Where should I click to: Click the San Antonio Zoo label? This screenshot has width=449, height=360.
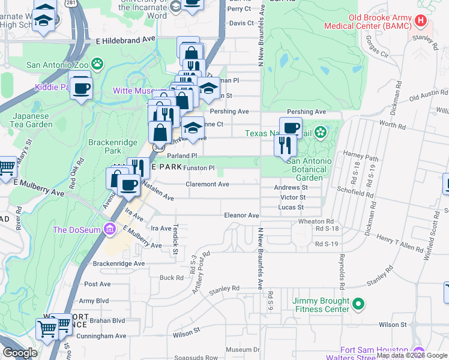[x=59, y=64]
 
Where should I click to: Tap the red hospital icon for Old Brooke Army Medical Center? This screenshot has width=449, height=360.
[x=421, y=20]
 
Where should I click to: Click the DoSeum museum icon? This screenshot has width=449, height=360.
[x=109, y=229]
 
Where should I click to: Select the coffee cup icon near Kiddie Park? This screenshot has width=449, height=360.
[x=80, y=89]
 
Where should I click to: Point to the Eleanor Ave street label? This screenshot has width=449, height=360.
[x=241, y=215]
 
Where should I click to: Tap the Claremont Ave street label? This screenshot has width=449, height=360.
[x=208, y=184]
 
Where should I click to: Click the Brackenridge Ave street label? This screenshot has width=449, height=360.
[x=119, y=263]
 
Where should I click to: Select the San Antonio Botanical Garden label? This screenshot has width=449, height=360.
[x=309, y=165]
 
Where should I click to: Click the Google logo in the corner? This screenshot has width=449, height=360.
[x=20, y=353]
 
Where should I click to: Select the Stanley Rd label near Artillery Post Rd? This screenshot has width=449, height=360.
[x=224, y=290]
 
